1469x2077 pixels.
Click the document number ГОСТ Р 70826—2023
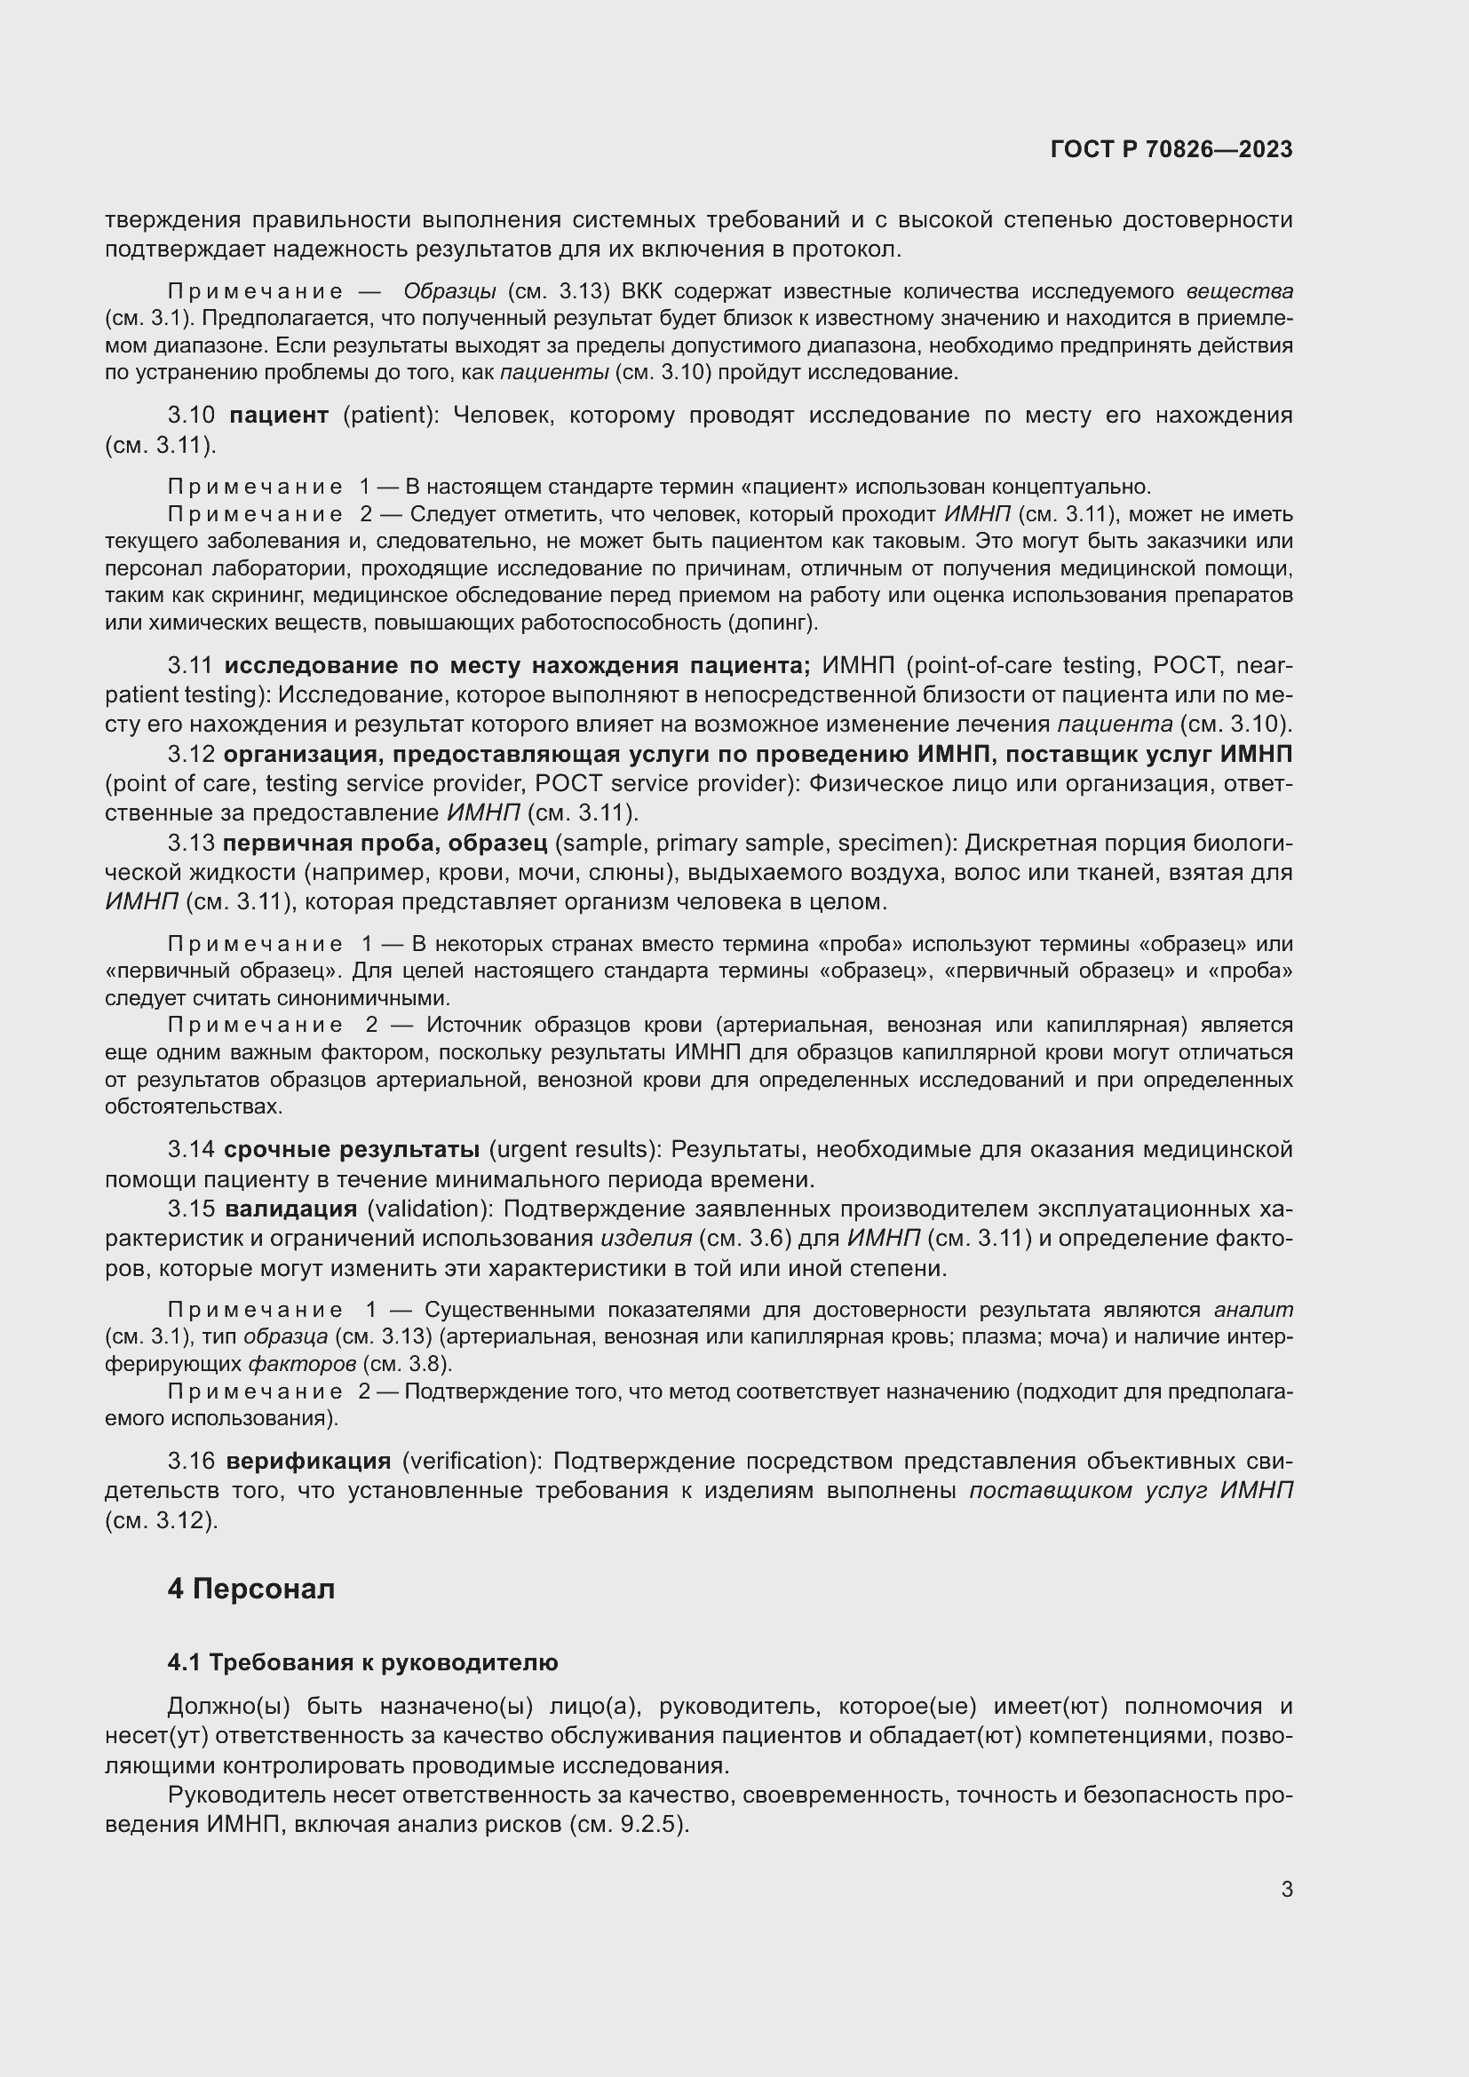click(1171, 150)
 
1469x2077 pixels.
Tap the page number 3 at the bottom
click(1286, 1890)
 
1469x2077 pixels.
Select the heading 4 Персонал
click(250, 1589)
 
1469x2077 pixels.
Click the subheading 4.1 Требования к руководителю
click(361, 1662)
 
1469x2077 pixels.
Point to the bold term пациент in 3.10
click(279, 416)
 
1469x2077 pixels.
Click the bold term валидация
click(291, 1209)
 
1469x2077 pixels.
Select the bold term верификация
click(308, 1461)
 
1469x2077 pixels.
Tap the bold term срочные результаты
click(352, 1150)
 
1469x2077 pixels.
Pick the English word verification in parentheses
click(470, 1461)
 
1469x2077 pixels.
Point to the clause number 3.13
click(191, 844)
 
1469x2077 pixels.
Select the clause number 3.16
click(191, 1461)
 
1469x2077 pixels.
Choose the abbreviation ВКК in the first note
click(642, 292)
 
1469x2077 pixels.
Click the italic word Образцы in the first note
click(449, 292)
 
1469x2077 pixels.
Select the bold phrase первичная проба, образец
click(385, 844)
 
